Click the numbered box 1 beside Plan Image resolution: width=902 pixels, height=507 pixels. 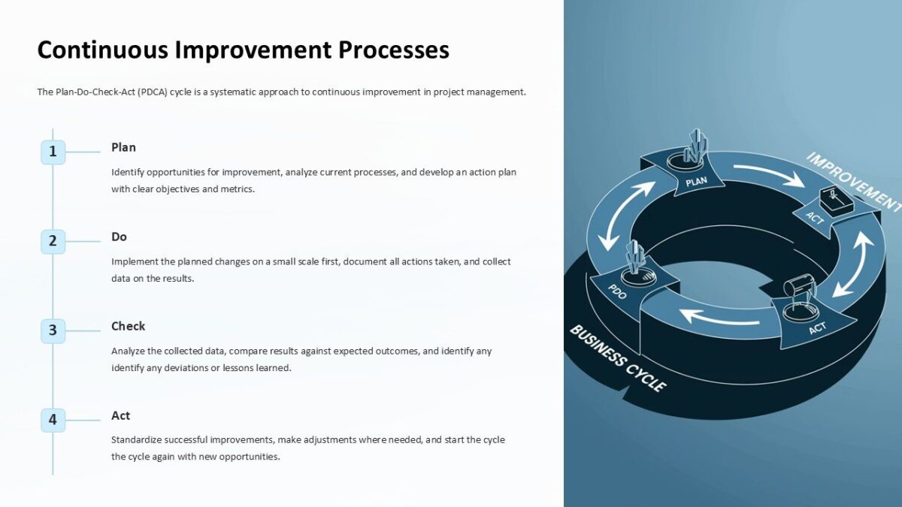[x=53, y=152]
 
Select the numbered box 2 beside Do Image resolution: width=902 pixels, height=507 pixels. [x=53, y=241]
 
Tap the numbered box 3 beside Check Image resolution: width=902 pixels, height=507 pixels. [x=53, y=330]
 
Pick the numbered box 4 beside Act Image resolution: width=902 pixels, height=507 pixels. [x=53, y=420]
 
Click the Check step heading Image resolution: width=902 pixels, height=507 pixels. [x=128, y=326]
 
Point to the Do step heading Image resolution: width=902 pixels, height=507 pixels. [x=119, y=237]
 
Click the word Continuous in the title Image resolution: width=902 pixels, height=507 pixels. [x=103, y=50]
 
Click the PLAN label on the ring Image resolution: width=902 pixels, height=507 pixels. [x=696, y=181]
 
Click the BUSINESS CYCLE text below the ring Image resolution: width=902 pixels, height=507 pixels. [x=617, y=358]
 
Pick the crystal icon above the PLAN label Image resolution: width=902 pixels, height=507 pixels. [x=696, y=148]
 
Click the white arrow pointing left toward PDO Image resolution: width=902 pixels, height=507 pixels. [x=718, y=315]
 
